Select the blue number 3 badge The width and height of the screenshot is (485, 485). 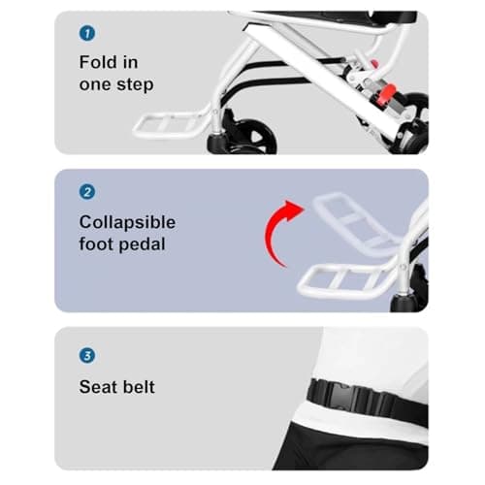pos(86,355)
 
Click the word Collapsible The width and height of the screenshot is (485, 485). pos(127,222)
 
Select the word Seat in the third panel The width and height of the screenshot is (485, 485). pos(98,387)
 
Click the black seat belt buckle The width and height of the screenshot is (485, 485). pos(355,398)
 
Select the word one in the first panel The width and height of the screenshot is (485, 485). pos(97,84)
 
